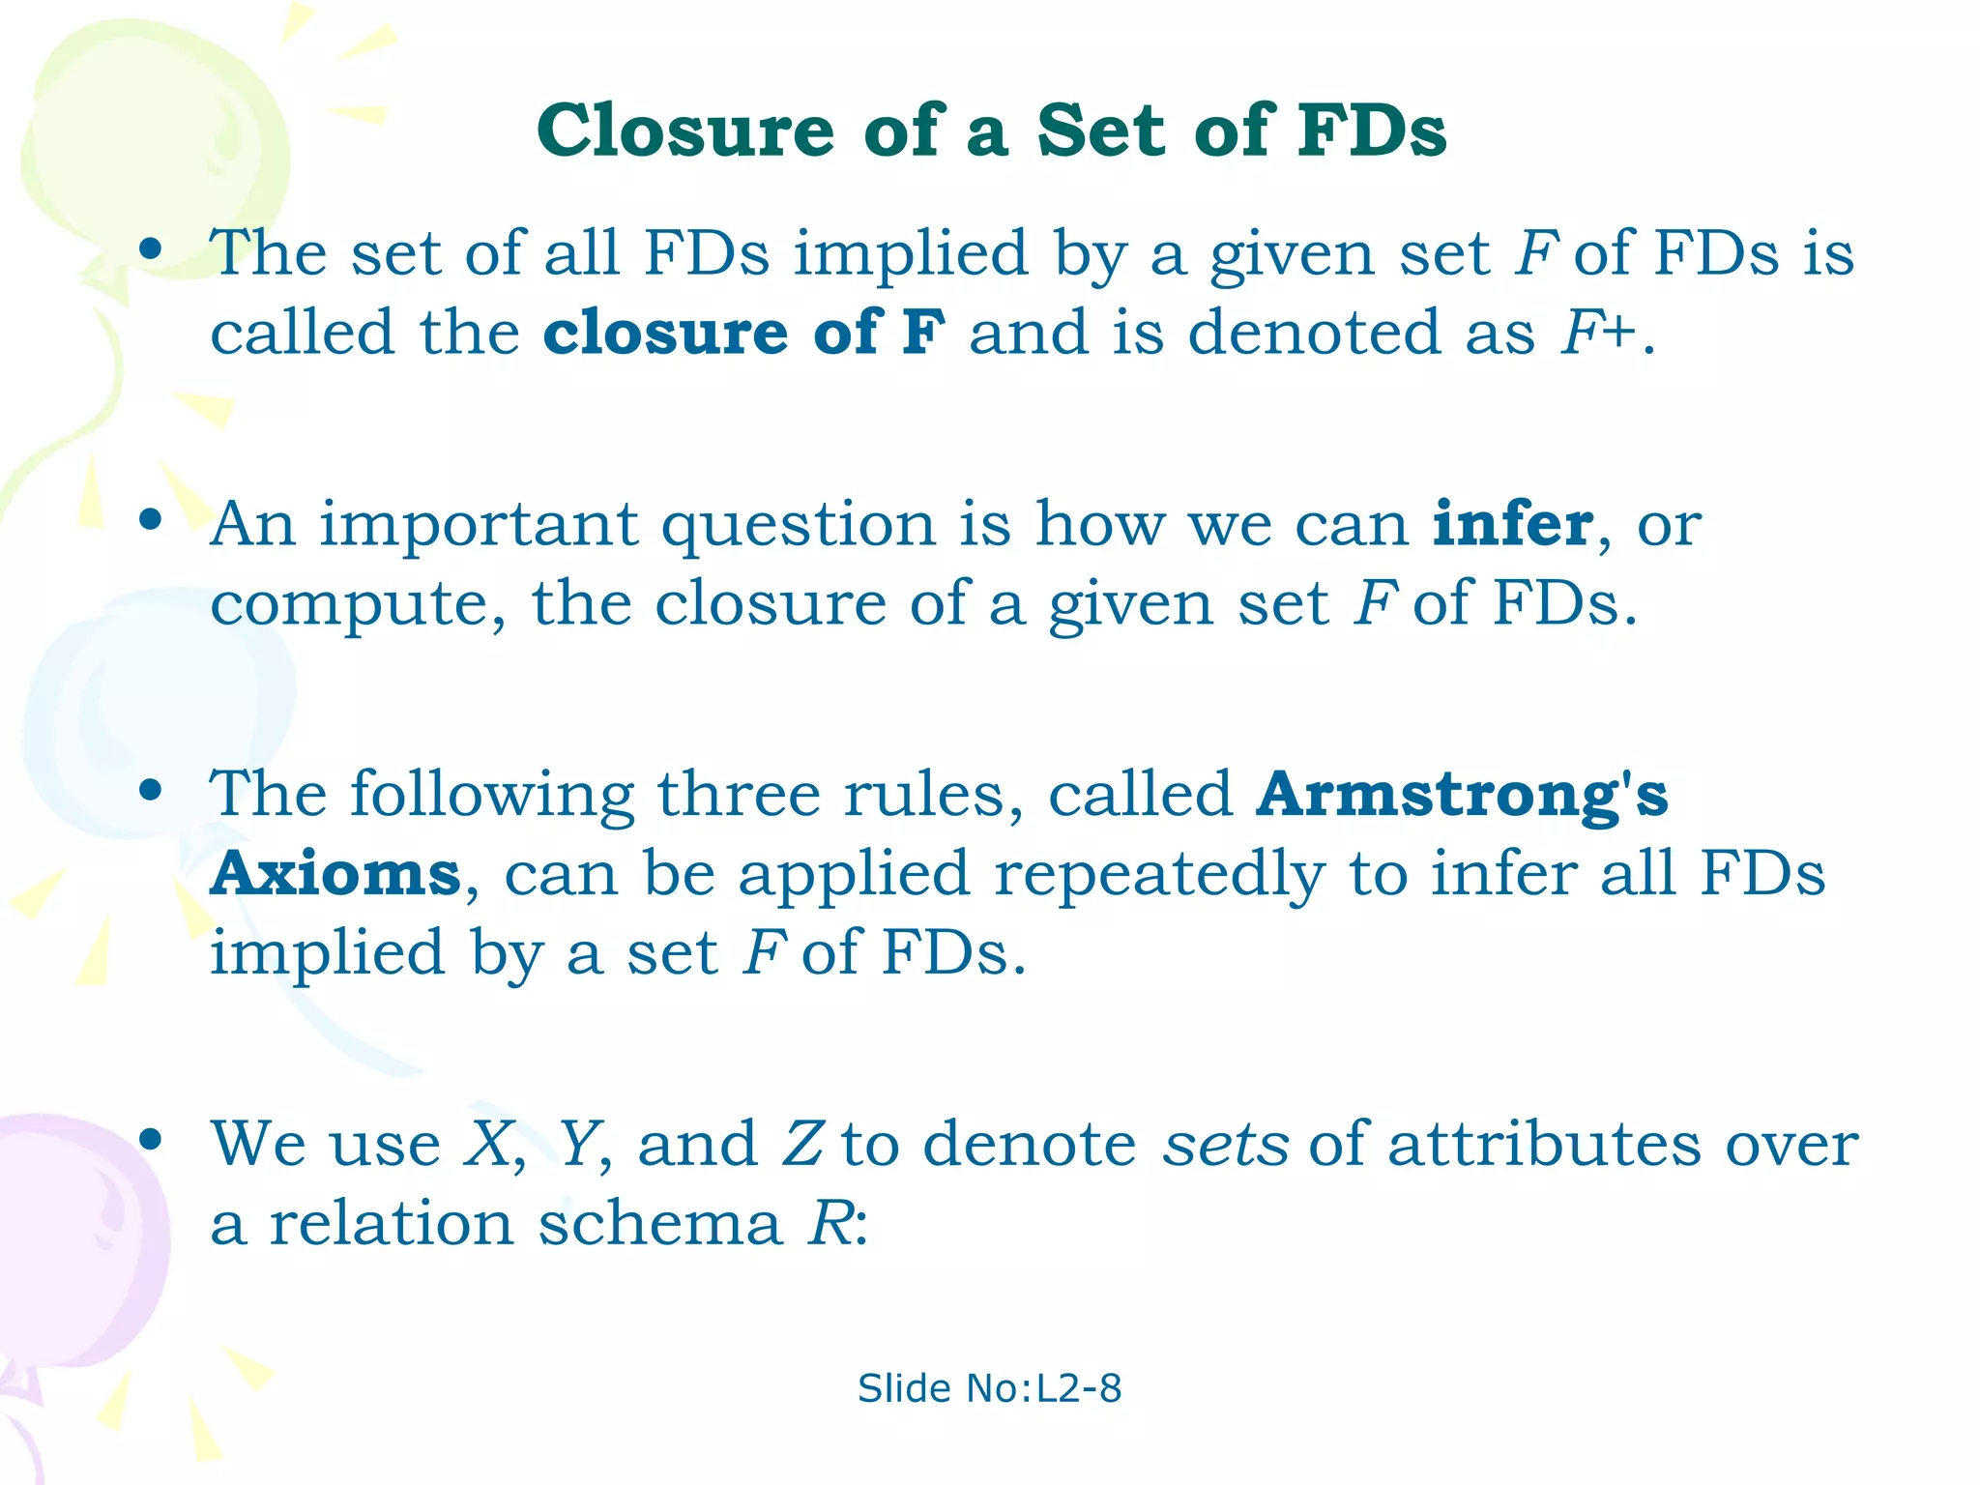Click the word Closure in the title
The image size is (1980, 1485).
click(685, 131)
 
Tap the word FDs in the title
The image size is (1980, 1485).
click(1372, 131)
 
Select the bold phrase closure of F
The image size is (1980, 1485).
click(743, 333)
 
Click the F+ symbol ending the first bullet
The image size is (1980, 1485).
click(1598, 333)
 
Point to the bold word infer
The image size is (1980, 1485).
click(1512, 524)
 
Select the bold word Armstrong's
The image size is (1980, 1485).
click(1462, 795)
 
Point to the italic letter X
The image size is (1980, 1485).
click(488, 1144)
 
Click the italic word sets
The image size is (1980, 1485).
click(1225, 1144)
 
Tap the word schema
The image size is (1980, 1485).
click(659, 1224)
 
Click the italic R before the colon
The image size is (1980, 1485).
click(830, 1224)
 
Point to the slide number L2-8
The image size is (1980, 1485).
click(1079, 1389)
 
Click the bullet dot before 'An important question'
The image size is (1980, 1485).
click(150, 520)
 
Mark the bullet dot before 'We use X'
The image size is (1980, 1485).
click(150, 1140)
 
